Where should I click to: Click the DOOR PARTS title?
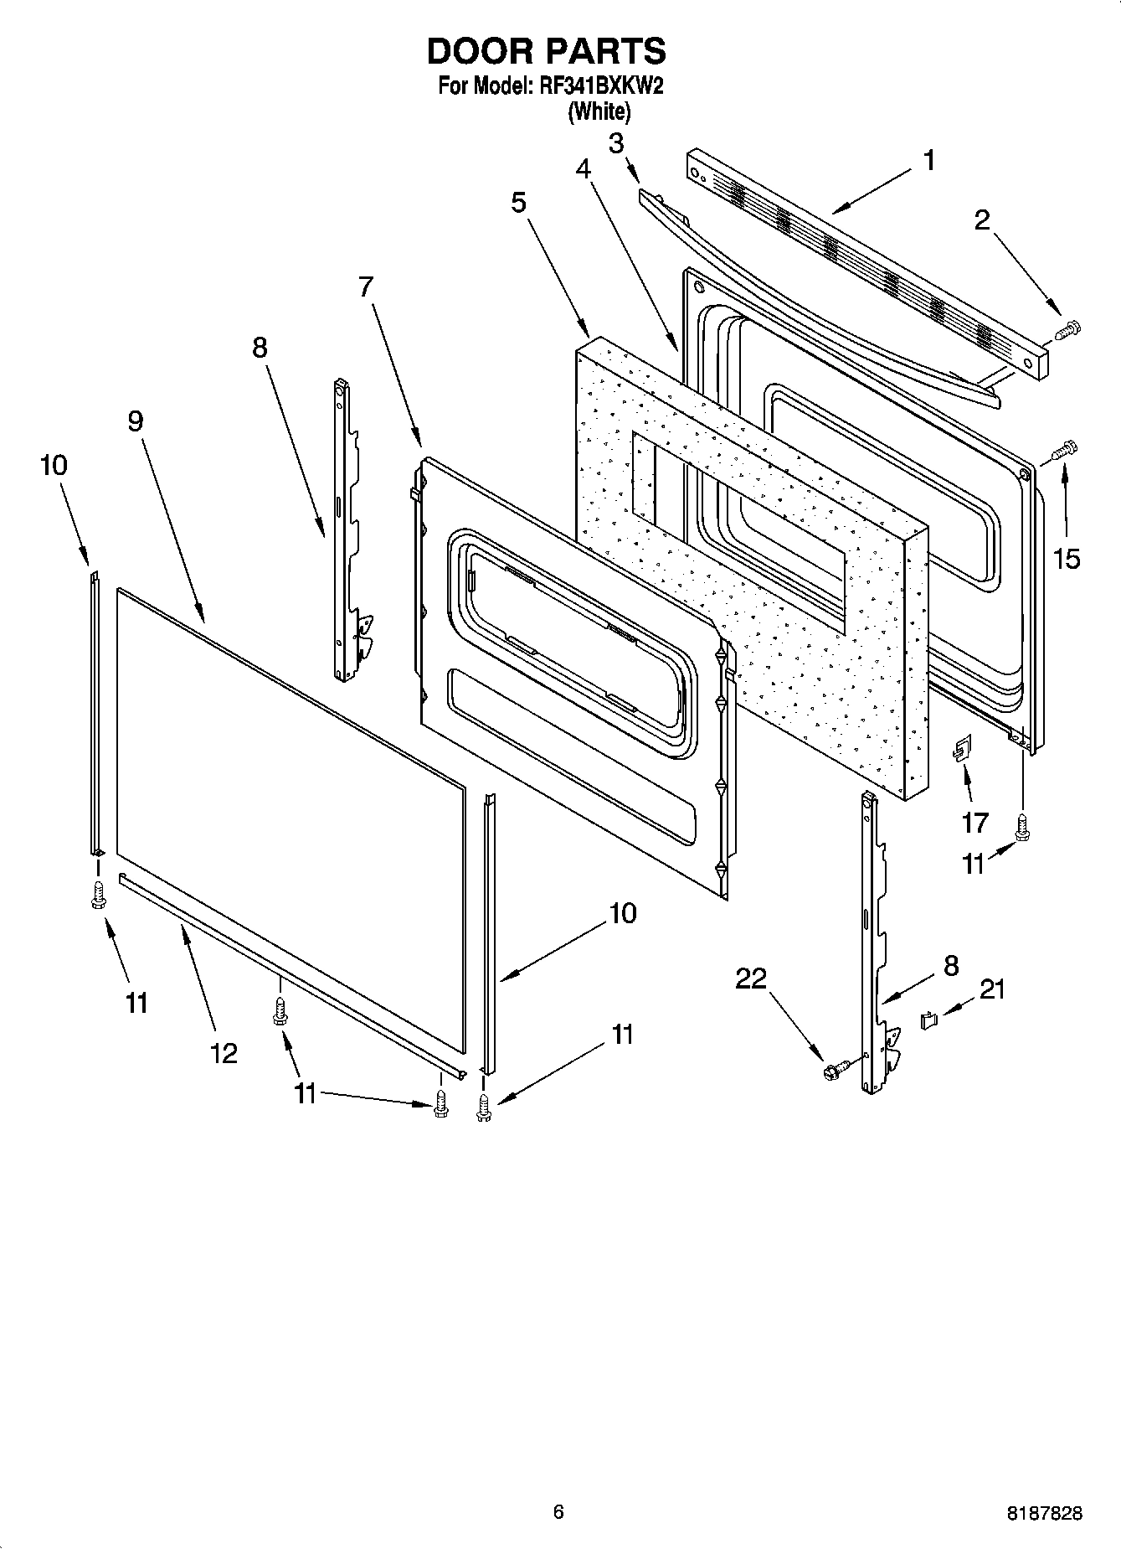[546, 52]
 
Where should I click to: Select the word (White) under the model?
[599, 111]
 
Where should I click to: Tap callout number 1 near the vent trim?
[928, 160]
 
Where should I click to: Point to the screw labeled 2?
[1067, 330]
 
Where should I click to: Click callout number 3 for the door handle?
[616, 143]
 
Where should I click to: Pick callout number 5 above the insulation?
[519, 202]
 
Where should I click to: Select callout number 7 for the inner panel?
[365, 287]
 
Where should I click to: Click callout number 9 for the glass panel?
[136, 421]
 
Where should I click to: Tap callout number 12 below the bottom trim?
[224, 1052]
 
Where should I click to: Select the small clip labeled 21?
[928, 1020]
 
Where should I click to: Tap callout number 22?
[751, 978]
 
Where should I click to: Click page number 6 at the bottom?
[558, 1511]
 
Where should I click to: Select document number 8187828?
[1043, 1513]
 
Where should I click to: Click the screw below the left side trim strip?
[97, 895]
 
